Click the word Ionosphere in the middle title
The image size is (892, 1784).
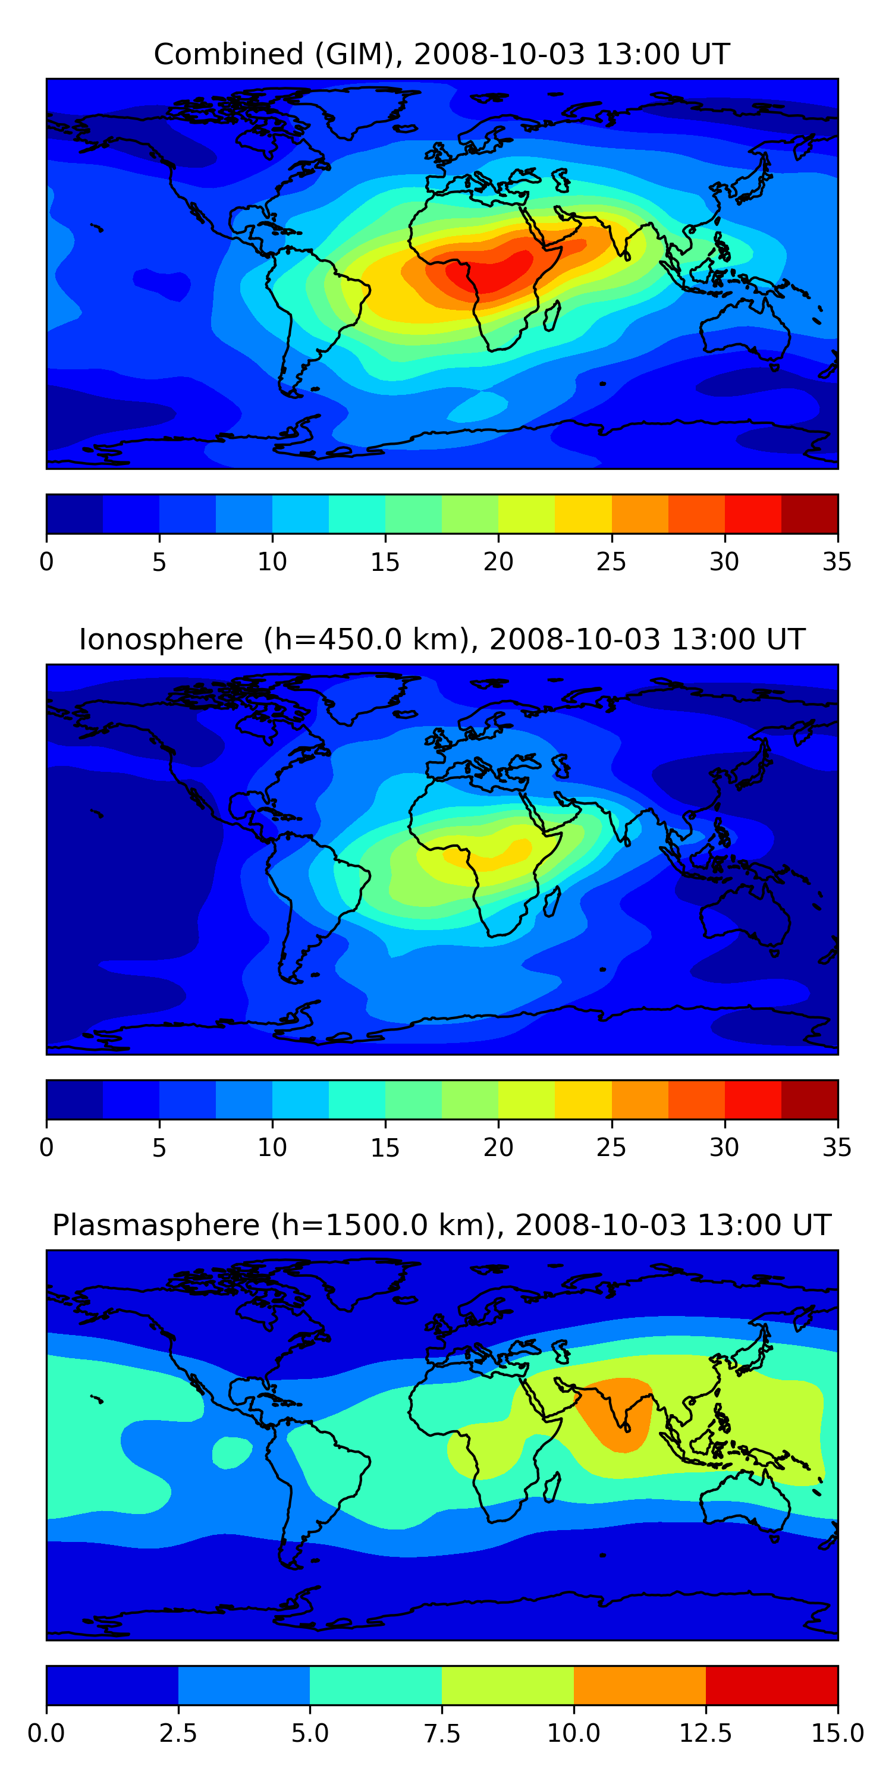161,639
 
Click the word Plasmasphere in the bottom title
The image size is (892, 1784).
156,1225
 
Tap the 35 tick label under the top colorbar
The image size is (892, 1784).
837,561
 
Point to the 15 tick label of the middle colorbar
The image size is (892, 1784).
385,1148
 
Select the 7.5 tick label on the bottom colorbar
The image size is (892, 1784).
442,1733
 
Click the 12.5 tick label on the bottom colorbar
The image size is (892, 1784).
705,1733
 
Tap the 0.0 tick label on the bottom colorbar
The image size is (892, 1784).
46,1733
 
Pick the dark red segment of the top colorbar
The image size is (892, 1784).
809,514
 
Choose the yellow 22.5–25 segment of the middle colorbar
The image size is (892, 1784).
583,1099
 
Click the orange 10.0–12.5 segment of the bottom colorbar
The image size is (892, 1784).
639,1685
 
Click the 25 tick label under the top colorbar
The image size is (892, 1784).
611,561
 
